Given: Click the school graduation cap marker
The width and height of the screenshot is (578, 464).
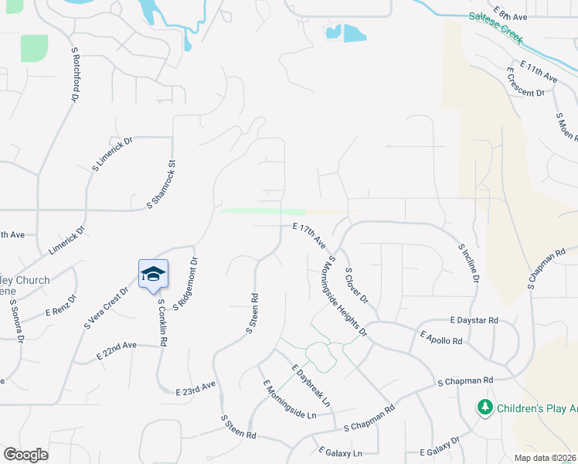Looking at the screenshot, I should pos(153,274).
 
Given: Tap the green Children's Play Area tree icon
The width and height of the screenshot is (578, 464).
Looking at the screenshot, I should pos(484,407).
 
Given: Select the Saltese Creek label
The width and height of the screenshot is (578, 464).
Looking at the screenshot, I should pos(497,28).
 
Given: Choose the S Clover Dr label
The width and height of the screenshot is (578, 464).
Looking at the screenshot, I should pos(357,285).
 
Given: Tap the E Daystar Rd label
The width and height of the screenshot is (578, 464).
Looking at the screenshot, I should pos(474,319).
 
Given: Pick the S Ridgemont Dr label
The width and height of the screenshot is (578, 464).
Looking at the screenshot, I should pos(185,284).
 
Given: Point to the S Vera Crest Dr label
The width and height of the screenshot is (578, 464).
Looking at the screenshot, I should pos(106,308).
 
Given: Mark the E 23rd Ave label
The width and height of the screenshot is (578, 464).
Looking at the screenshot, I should pos(195,388).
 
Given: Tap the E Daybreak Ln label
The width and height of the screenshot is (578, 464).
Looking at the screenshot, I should pos(311,386).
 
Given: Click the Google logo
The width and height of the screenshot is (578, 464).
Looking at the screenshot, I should pos(25,454).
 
